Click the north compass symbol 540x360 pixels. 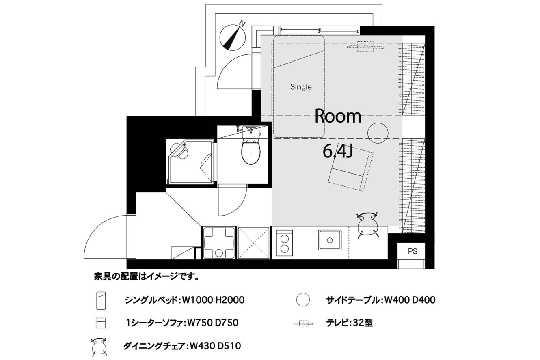(232, 37)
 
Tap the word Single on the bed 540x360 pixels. (301, 87)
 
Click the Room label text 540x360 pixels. (338, 116)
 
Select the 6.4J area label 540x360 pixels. (338, 151)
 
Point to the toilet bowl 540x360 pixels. (251, 152)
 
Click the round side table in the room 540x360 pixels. (378, 133)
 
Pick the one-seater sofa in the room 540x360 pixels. (351, 170)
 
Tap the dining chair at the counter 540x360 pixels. (367, 225)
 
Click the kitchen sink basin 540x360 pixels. (330, 240)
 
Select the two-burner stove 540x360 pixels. (285, 243)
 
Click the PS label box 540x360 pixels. (413, 251)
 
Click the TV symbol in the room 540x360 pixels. (365, 47)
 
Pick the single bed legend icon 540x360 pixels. (101, 300)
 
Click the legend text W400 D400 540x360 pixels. (410, 300)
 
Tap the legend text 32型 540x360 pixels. (363, 322)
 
